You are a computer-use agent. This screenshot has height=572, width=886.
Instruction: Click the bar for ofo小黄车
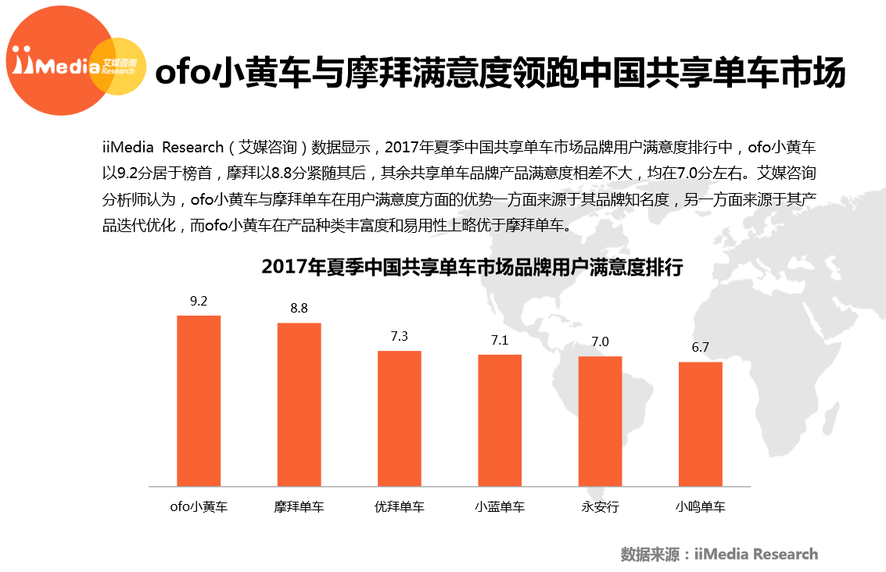tap(199, 400)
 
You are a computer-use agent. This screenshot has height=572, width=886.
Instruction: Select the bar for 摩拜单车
tap(299, 404)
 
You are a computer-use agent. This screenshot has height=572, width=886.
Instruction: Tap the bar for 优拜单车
tap(399, 418)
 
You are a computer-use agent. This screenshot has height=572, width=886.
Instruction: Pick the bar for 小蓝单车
tap(500, 420)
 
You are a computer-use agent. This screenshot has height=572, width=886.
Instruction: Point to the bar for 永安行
tap(600, 421)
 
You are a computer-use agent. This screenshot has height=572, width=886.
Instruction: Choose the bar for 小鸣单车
tap(700, 424)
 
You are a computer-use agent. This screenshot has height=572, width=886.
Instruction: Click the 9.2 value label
tap(199, 301)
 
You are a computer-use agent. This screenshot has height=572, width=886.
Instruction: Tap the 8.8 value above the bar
tap(299, 308)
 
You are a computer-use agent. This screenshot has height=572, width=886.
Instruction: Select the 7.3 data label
tap(399, 336)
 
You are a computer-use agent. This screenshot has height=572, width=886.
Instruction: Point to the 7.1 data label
tap(500, 340)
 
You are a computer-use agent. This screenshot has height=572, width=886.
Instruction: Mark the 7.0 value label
tap(600, 341)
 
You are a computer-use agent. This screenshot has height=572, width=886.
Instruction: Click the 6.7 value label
tap(700, 347)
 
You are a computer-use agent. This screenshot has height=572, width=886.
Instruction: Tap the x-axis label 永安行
tap(600, 507)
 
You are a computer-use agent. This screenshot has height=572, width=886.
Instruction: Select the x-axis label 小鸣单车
tap(700, 507)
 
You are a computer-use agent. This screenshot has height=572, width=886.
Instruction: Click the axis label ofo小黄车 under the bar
tap(199, 507)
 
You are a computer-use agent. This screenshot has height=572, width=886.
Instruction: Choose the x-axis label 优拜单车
tap(399, 507)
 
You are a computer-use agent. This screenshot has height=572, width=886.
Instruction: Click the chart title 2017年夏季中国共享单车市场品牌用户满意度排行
tap(472, 268)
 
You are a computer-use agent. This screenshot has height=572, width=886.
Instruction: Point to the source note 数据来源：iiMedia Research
tap(719, 554)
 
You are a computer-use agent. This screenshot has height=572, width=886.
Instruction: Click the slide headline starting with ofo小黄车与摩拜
tap(500, 73)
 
